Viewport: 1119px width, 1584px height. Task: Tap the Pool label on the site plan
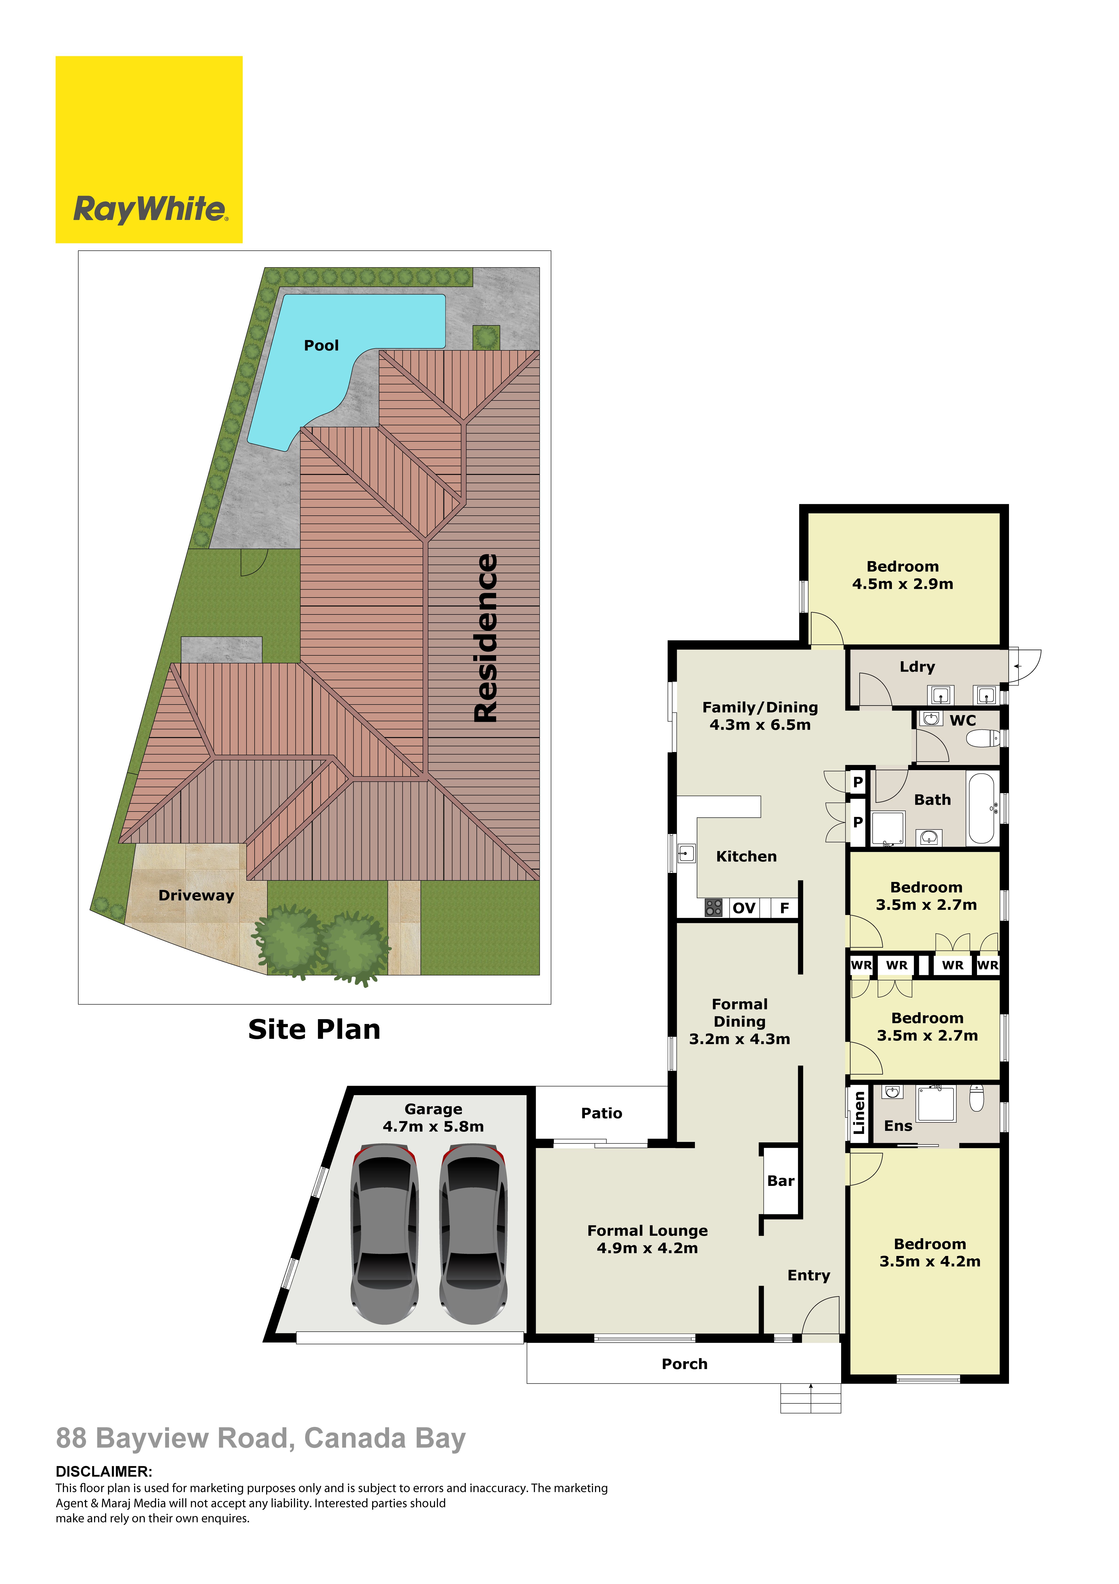click(x=322, y=346)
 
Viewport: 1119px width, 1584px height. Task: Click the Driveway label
click(x=197, y=895)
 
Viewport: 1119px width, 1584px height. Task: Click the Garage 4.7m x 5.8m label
click(x=433, y=1118)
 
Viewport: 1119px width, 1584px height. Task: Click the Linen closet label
click(x=859, y=1113)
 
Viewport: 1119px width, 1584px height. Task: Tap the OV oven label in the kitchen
click(x=744, y=908)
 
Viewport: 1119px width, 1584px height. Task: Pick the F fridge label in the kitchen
click(x=784, y=908)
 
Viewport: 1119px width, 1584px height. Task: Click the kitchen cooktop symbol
click(x=713, y=908)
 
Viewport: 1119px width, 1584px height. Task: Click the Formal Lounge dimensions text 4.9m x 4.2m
click(x=647, y=1248)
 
